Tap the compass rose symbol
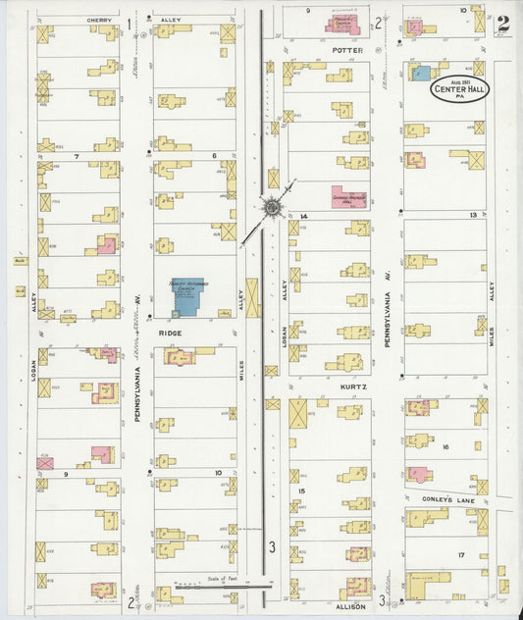[x=270, y=207]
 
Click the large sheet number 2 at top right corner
[x=503, y=23]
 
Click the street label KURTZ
[x=354, y=387]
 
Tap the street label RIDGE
[x=170, y=334]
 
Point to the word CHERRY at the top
[x=98, y=20]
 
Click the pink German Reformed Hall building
[x=347, y=195]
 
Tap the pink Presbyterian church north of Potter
[x=342, y=24]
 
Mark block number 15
[x=302, y=491]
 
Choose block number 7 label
[x=76, y=155]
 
